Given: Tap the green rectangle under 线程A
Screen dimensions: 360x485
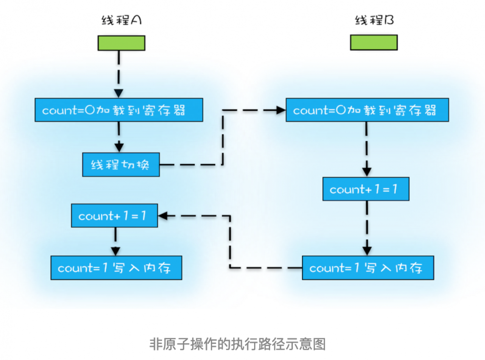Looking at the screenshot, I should pyautogui.click(x=121, y=43).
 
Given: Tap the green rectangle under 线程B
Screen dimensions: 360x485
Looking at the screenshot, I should pyautogui.click(x=374, y=43).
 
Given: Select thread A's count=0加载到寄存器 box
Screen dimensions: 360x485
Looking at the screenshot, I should pyautogui.click(x=118, y=111).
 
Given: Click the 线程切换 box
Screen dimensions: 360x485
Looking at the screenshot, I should pyautogui.click(x=121, y=165).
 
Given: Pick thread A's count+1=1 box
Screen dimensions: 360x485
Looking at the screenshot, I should pyautogui.click(x=114, y=216).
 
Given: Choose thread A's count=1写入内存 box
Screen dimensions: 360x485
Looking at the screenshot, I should pyautogui.click(x=116, y=268).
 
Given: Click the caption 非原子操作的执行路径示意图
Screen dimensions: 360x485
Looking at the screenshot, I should pyautogui.click(x=237, y=344).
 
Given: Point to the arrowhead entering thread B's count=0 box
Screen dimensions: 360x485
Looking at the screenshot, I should pyautogui.click(x=280, y=111).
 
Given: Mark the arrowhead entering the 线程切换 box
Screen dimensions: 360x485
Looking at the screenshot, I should pyautogui.click(x=118, y=147).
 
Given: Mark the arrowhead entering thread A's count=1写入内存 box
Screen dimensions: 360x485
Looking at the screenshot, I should pyautogui.click(x=115, y=251).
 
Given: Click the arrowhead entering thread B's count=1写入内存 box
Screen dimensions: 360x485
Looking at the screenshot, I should pyautogui.click(x=367, y=250).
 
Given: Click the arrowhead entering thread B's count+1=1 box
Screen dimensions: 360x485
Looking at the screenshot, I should pyautogui.click(x=367, y=172).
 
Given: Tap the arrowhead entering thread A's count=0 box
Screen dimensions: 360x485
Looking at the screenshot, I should pyautogui.click(x=118, y=93).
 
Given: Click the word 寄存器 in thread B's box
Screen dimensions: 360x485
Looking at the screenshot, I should pyautogui.click(x=421, y=111).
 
